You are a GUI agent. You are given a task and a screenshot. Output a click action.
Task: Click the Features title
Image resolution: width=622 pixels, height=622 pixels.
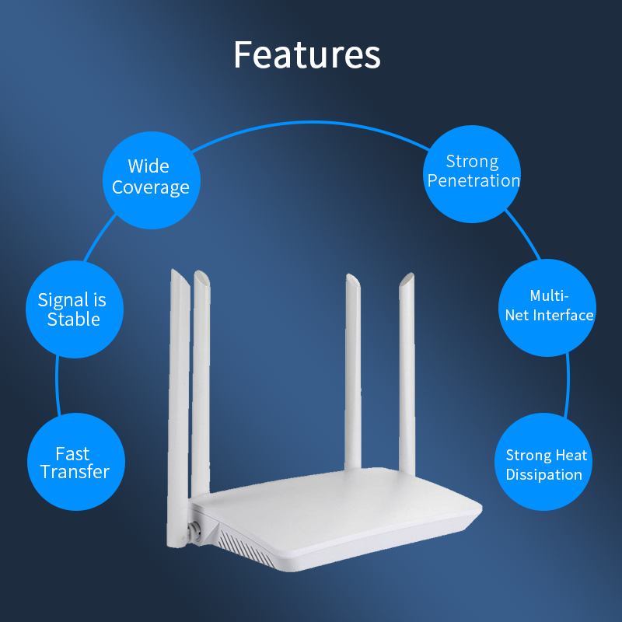(x=307, y=54)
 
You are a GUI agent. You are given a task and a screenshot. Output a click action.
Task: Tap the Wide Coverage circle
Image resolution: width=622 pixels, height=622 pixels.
(x=150, y=178)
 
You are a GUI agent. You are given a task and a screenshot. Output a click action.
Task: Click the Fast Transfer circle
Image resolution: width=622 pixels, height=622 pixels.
(x=75, y=463)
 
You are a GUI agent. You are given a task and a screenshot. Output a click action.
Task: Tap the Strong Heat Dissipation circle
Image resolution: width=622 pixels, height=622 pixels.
(x=545, y=463)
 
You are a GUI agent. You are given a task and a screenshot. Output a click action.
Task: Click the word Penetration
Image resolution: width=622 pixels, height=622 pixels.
(x=473, y=181)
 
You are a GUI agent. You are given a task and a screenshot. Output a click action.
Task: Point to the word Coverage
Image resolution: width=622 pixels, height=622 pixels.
(x=151, y=188)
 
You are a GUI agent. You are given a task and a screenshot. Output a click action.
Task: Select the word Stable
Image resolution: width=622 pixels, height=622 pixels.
(x=74, y=320)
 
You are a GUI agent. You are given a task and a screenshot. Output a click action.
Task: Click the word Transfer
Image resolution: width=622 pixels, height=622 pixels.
(x=75, y=472)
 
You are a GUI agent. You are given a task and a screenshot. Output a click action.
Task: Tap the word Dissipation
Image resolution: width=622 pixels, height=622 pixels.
(x=544, y=474)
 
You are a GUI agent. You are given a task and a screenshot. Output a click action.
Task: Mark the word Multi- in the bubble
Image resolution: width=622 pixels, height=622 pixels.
(x=550, y=296)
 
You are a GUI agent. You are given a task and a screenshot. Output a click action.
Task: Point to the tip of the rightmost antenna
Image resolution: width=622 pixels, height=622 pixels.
(x=409, y=276)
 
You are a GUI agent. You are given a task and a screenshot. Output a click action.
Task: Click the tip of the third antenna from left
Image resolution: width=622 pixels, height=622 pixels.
(x=349, y=278)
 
